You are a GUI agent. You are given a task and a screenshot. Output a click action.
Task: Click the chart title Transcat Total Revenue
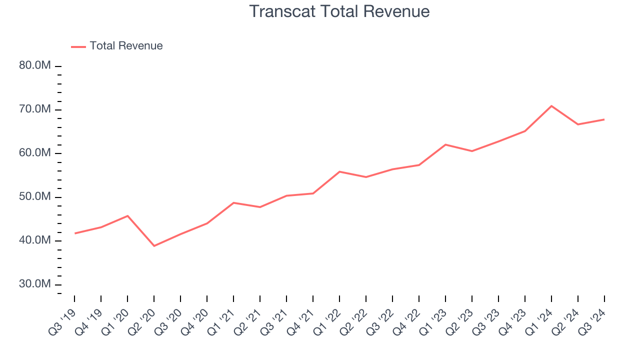(339, 11)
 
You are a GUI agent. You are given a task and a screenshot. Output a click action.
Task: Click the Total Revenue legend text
(126, 46)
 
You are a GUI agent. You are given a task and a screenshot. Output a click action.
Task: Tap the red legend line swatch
(78, 46)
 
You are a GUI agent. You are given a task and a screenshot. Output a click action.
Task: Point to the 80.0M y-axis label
(35, 65)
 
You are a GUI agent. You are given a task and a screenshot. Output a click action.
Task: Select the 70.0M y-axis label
(35, 109)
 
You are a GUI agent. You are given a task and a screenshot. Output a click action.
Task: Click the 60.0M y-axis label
(35, 153)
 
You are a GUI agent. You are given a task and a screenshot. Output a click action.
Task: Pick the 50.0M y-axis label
(35, 196)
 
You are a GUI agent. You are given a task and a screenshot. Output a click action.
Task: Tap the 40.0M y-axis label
(35, 240)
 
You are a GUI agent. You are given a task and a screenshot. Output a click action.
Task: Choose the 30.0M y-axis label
(35, 284)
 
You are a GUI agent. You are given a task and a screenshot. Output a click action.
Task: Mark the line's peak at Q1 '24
(551, 106)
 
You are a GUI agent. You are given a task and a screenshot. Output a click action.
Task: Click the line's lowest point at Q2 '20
(154, 246)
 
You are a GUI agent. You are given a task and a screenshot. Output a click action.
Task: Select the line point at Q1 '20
(127, 216)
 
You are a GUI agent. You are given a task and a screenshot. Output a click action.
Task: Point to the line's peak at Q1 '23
(445, 144)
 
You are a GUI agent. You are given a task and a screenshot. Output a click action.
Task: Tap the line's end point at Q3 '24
(604, 119)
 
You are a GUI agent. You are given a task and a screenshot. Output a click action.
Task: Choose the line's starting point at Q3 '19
(75, 233)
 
